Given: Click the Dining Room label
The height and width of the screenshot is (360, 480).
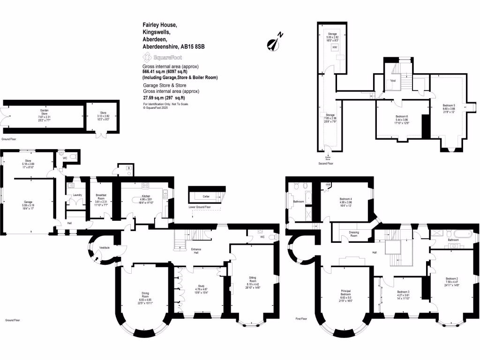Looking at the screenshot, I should coord(145,294).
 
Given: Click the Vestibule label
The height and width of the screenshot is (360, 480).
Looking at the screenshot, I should coord(105,247).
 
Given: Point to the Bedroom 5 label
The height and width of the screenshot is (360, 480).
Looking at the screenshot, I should coord(449,105).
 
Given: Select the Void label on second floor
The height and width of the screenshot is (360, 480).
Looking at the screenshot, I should coord(392,81).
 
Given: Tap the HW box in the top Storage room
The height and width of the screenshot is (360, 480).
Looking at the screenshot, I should coord(334,47).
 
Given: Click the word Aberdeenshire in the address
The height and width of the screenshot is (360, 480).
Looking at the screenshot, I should coord(160,47).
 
